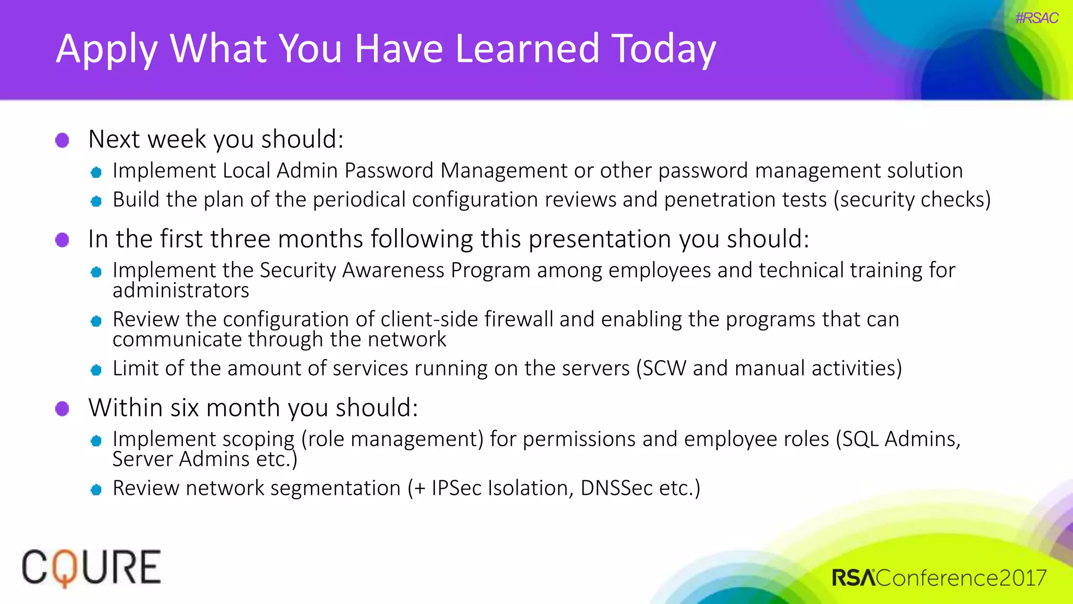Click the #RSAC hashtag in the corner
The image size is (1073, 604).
(1036, 18)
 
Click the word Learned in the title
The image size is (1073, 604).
(527, 48)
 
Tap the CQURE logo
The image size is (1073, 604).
(91, 567)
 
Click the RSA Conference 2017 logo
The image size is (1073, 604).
(938, 578)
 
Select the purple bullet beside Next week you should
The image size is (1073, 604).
(62, 140)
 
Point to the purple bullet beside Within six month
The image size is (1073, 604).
(62, 408)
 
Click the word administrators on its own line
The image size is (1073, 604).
(181, 290)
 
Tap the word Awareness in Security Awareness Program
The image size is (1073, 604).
(393, 270)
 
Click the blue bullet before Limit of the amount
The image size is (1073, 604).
(96, 370)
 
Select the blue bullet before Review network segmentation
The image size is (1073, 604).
(96, 490)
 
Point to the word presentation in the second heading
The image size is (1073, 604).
(600, 239)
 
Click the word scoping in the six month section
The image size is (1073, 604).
(256, 439)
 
